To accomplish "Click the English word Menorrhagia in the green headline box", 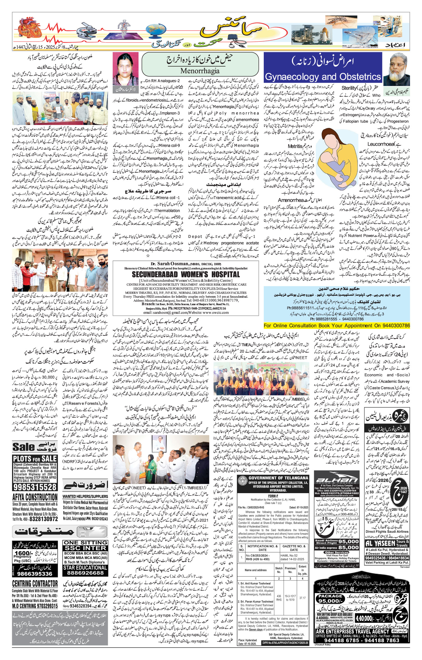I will click(x=200, y=71).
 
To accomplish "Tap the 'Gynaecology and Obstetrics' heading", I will click(x=323, y=77).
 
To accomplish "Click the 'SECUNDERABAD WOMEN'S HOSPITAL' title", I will click(x=185, y=275).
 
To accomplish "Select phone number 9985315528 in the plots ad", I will click(x=35, y=487).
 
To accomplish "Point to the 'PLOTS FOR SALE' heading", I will click(x=35, y=459).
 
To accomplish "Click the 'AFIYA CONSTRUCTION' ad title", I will click(x=35, y=497).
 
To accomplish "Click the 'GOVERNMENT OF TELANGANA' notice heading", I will click(x=278, y=478).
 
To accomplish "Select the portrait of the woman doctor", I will click(x=126, y=69).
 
